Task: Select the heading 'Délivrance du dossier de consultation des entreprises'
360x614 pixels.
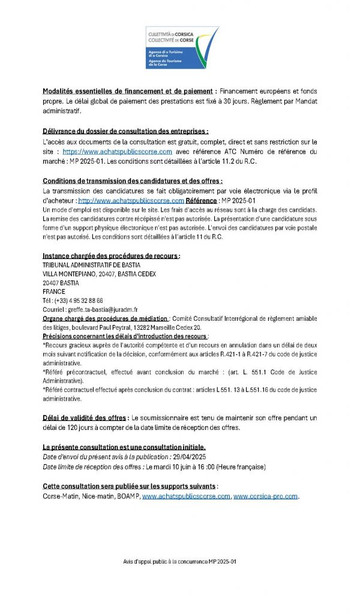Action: click(125, 131)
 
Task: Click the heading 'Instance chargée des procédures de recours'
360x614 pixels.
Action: click(111, 256)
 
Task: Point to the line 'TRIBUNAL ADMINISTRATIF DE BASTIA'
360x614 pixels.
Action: click(90, 265)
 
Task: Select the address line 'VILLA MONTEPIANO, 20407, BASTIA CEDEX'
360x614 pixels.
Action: click(99, 274)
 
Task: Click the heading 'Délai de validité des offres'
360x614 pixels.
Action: click(85, 417)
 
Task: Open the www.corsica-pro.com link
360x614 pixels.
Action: click(266, 496)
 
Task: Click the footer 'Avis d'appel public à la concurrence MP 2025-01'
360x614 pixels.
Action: click(180, 562)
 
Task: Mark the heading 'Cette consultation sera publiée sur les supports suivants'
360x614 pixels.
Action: click(130, 486)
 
